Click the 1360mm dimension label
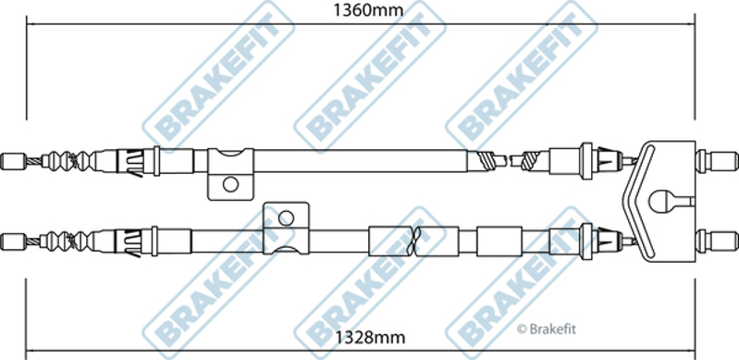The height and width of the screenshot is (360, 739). click(x=368, y=9)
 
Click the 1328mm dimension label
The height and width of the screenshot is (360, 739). click(x=370, y=338)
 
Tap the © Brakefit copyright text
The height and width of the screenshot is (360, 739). click(x=547, y=329)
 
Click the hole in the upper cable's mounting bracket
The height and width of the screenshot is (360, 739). click(x=230, y=184)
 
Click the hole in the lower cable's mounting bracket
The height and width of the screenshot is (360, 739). click(x=286, y=218)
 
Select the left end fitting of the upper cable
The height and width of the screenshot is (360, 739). click(x=13, y=161)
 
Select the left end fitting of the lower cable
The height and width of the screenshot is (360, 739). click(x=13, y=242)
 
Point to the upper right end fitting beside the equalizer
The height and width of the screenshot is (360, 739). click(x=717, y=161)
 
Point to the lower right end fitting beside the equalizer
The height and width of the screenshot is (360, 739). click(x=717, y=241)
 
